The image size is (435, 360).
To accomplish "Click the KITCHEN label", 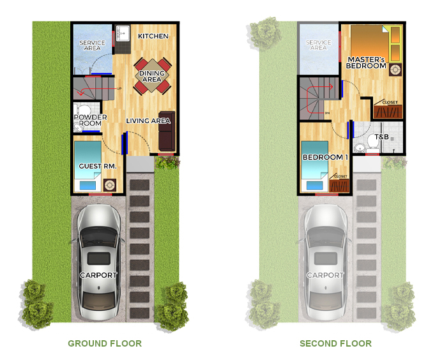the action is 153,36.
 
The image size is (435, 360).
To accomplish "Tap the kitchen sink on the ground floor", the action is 123,33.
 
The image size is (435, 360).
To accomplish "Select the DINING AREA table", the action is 152,76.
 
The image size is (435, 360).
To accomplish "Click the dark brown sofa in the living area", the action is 167,131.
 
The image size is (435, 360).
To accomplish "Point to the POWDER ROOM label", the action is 90,120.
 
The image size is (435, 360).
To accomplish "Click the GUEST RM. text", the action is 97,166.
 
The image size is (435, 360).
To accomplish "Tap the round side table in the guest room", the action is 110,185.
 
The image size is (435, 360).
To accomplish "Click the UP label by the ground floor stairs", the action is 119,89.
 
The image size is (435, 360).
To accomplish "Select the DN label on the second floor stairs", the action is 327,113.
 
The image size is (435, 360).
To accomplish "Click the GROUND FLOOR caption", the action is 105,343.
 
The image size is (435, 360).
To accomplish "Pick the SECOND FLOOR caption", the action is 336,343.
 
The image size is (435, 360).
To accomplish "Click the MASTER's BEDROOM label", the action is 366,63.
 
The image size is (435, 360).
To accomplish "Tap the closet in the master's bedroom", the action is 388,109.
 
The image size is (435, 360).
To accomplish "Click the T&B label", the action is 382,137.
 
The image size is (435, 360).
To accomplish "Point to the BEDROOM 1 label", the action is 325,157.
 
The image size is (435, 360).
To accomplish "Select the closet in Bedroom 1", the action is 339,183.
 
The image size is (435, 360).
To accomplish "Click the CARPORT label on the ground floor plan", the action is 98,275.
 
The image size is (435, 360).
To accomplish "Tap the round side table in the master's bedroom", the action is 395,70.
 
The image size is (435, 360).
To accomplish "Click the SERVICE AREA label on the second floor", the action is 319,45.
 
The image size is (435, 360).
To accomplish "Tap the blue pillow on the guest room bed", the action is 88,185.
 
